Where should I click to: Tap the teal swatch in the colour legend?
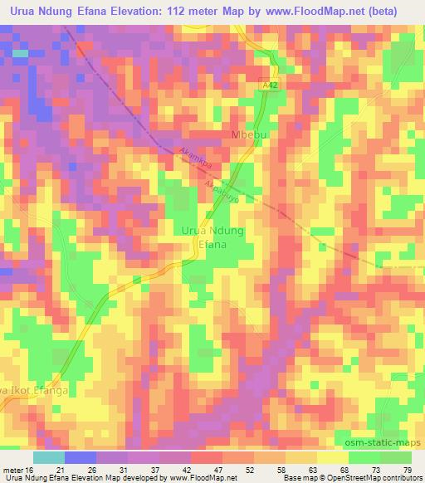tap(49, 457)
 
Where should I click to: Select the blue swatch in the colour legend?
tap(80, 457)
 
